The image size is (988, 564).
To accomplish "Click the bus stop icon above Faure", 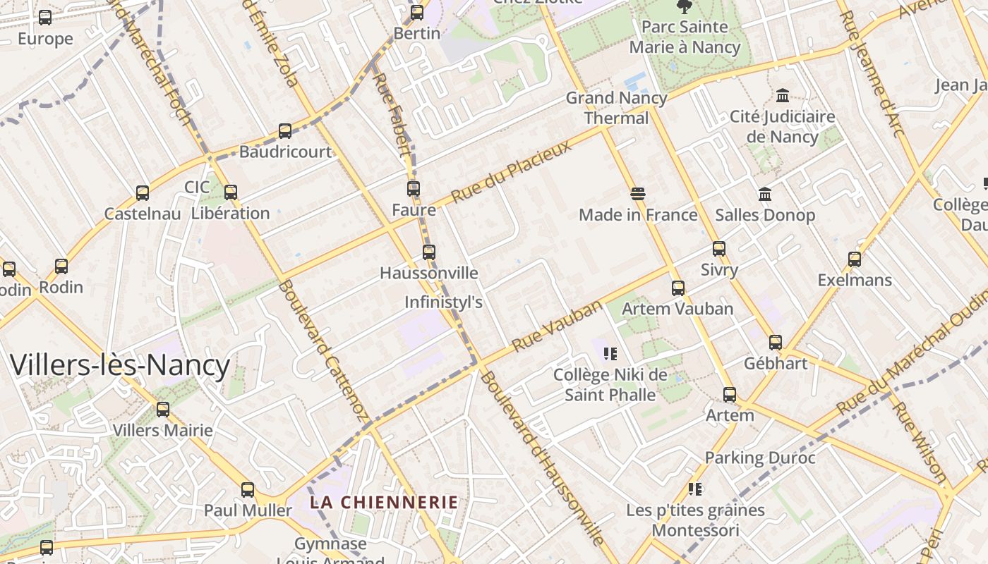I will [x=414, y=189].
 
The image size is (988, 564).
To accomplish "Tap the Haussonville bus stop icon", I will [x=428, y=252].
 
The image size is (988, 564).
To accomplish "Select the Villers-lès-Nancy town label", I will [x=120, y=366].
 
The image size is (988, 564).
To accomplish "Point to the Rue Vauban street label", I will [x=558, y=325].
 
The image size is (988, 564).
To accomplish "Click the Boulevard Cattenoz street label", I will [x=324, y=350].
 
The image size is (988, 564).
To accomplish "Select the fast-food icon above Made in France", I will [x=638, y=194].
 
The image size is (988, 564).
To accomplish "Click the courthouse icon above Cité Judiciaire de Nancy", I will [x=783, y=95].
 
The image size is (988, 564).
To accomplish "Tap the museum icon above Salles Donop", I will [x=765, y=194].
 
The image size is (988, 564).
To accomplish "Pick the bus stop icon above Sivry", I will [x=719, y=248].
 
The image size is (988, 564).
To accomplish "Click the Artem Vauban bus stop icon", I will [x=678, y=288].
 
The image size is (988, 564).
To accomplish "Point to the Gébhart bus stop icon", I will [x=776, y=343].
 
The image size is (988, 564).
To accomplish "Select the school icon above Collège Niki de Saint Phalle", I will [x=610, y=353].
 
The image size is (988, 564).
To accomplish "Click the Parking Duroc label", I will [x=760, y=458].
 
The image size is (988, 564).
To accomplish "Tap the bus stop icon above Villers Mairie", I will [x=163, y=409].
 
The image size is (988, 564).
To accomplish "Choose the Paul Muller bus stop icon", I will [x=248, y=489].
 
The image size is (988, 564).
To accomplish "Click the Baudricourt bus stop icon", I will [x=285, y=131].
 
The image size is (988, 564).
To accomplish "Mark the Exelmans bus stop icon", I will [x=855, y=259].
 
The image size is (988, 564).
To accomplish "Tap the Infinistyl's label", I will [x=443, y=302].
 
